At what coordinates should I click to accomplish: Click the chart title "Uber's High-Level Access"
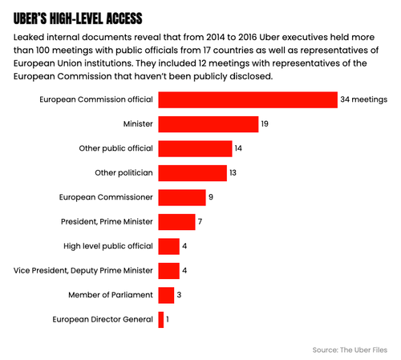pos(78,18)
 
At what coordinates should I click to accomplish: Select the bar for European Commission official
pos(248,99)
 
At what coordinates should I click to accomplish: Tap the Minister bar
pos(209,124)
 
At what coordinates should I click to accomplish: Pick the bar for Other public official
pos(195,148)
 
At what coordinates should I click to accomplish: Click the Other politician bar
pos(192,173)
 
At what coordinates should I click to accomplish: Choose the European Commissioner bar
pos(182,197)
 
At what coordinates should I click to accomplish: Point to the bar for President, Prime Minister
pos(176,222)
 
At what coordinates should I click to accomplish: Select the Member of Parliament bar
pos(166,295)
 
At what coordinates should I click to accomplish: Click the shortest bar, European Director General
pos(161,320)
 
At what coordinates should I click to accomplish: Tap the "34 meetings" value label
pos(363,99)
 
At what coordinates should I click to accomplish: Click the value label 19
pos(265,123)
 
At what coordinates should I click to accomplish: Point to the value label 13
pos(233,172)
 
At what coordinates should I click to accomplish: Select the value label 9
pos(211,197)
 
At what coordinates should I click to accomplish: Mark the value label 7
pos(200,221)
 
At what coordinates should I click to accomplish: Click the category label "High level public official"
pos(108,246)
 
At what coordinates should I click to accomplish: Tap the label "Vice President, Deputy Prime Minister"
pos(83,270)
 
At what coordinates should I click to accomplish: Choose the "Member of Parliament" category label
pos(111,295)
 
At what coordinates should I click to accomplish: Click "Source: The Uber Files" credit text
pos(350,350)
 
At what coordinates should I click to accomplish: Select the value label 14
pos(238,148)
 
